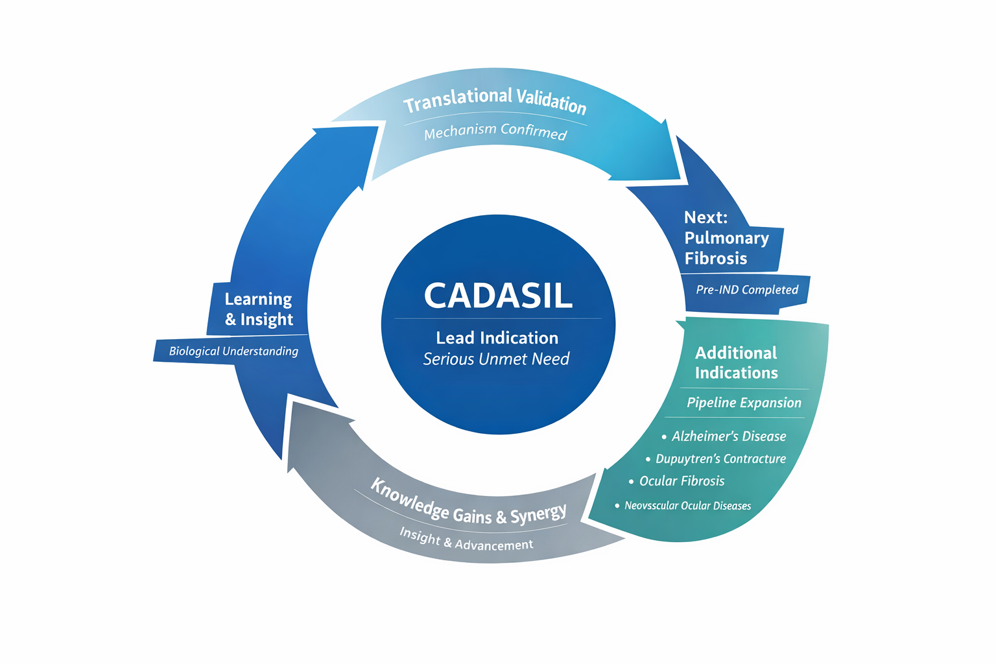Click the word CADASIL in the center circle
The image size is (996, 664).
pyautogui.click(x=498, y=296)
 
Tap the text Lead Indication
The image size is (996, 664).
pyautogui.click(x=497, y=338)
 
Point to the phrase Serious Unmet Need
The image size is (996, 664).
pyautogui.click(x=496, y=359)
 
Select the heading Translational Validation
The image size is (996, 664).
pyautogui.click(x=495, y=100)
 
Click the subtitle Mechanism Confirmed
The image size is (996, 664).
pyautogui.click(x=495, y=131)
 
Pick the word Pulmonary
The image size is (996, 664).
pyautogui.click(x=726, y=238)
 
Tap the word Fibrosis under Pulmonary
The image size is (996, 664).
pyautogui.click(x=716, y=259)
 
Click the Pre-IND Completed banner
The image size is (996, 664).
pyautogui.click(x=746, y=290)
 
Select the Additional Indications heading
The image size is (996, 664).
pyautogui.click(x=736, y=362)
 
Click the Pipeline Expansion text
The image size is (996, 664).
pyautogui.click(x=744, y=403)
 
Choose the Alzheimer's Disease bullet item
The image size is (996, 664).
pyautogui.click(x=728, y=436)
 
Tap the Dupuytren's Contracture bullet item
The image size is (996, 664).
pyautogui.click(x=720, y=459)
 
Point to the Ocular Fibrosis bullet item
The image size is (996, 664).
pyautogui.click(x=682, y=481)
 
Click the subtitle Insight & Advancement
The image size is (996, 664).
pyautogui.click(x=466, y=539)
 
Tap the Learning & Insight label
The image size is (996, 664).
pyautogui.click(x=259, y=309)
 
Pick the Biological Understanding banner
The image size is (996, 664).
pyautogui.click(x=233, y=351)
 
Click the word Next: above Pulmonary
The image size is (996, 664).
pyautogui.click(x=705, y=217)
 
